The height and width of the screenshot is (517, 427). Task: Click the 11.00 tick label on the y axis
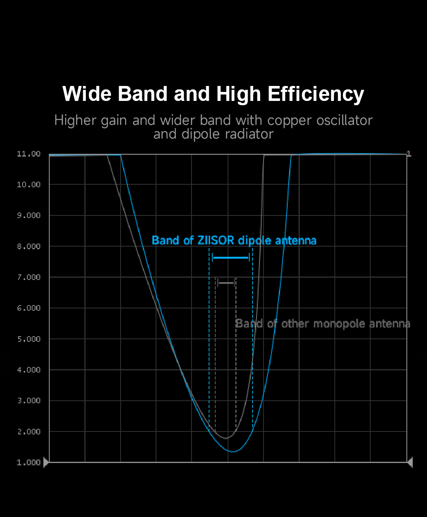click(x=29, y=154)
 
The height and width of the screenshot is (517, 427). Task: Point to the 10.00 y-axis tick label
click(x=29, y=185)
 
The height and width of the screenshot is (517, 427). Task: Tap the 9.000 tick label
click(x=29, y=216)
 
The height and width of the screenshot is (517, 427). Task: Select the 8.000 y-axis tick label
click(x=29, y=247)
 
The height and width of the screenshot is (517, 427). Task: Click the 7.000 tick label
click(x=29, y=278)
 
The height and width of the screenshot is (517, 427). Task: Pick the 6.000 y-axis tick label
click(x=29, y=308)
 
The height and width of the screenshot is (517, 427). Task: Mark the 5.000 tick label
click(x=29, y=339)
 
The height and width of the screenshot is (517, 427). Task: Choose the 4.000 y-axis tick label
click(x=29, y=370)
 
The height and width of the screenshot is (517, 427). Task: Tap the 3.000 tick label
click(x=29, y=401)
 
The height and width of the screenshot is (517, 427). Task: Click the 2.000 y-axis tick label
click(x=29, y=432)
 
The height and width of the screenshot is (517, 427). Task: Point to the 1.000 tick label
click(x=29, y=463)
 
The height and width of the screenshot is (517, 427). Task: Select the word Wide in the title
click(x=87, y=94)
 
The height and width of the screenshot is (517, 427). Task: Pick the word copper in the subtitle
click(x=290, y=121)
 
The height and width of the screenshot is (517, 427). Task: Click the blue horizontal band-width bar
click(x=231, y=257)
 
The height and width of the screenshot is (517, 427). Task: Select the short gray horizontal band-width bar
click(x=226, y=283)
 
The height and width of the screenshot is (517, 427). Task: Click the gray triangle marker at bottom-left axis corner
click(x=46, y=462)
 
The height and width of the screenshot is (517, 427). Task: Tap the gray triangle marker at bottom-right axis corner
click(x=410, y=462)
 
